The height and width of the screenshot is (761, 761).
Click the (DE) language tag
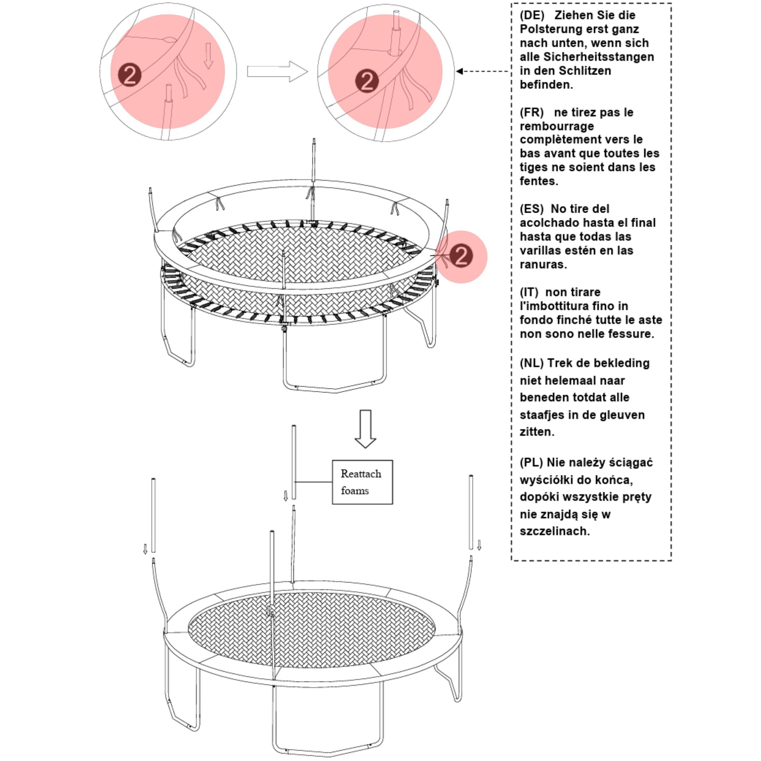pyautogui.click(x=532, y=15)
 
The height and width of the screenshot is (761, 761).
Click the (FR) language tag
pyautogui.click(x=531, y=112)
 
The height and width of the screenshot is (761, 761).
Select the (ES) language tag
pyautogui.click(x=531, y=209)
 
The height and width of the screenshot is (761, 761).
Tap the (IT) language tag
pyautogui.click(x=529, y=292)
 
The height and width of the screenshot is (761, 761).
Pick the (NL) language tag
pyautogui.click(x=531, y=363)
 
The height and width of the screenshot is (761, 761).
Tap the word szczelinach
pyautogui.click(x=554, y=531)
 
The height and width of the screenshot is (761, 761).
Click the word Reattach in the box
pyautogui.click(x=361, y=474)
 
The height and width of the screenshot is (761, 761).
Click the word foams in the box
pyautogui.click(x=354, y=491)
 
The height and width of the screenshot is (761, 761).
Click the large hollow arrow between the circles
pyautogui.click(x=277, y=72)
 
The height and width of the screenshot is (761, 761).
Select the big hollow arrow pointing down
pyautogui.click(x=365, y=429)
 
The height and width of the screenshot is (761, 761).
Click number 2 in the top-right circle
pyautogui.click(x=367, y=81)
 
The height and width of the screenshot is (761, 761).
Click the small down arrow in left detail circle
pyautogui.click(x=208, y=55)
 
